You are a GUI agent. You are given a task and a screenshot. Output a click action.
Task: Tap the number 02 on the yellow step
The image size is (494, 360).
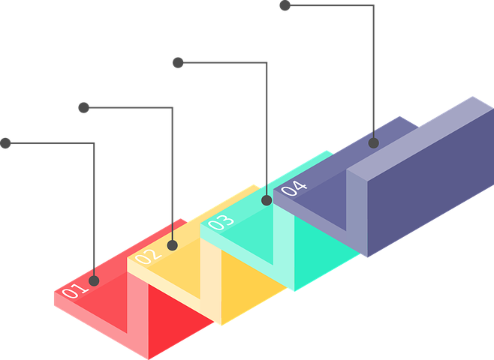[147, 256]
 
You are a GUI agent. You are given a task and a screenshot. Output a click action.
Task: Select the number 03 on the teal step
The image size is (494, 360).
[220, 223]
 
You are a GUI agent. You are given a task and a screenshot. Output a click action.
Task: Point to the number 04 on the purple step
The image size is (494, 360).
[294, 188]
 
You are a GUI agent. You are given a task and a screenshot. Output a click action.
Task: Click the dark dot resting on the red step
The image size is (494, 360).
[94, 280]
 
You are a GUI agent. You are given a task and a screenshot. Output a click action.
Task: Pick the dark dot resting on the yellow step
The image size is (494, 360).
[172, 244]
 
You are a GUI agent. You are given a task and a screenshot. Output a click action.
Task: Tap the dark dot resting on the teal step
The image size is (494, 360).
[266, 200]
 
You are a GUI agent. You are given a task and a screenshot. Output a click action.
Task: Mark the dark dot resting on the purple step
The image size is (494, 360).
[373, 142]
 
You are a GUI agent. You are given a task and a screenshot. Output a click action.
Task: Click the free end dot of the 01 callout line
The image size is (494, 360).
[6, 142]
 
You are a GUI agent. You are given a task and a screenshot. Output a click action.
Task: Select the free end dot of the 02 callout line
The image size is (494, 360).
[84, 107]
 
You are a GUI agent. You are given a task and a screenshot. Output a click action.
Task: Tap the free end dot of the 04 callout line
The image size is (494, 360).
[285, 7]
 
